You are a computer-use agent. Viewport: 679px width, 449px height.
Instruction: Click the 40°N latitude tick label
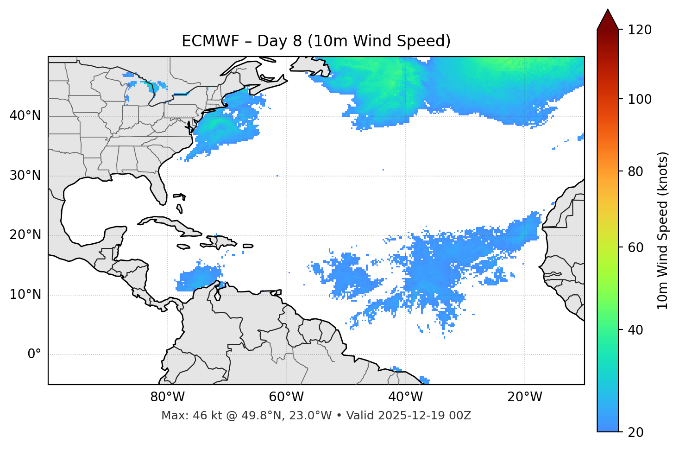click(25, 116)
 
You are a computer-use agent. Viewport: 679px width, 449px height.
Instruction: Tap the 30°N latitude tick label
click(25, 176)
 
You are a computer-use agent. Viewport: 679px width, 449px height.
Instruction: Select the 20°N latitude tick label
click(25, 235)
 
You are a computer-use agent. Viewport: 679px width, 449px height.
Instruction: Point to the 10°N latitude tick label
click(25, 295)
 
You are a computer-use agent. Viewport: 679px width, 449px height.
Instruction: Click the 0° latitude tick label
click(34, 354)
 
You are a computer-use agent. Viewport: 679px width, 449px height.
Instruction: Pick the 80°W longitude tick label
click(167, 397)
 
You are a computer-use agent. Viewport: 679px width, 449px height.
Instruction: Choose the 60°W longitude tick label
click(286, 397)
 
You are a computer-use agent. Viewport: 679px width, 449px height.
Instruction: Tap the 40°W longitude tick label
click(405, 397)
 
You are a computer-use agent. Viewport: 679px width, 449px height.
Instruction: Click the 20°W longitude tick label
click(524, 397)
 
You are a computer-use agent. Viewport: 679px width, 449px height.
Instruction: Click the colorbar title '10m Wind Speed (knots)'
click(663, 231)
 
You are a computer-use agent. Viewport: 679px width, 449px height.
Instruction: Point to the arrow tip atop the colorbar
click(608, 10)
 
